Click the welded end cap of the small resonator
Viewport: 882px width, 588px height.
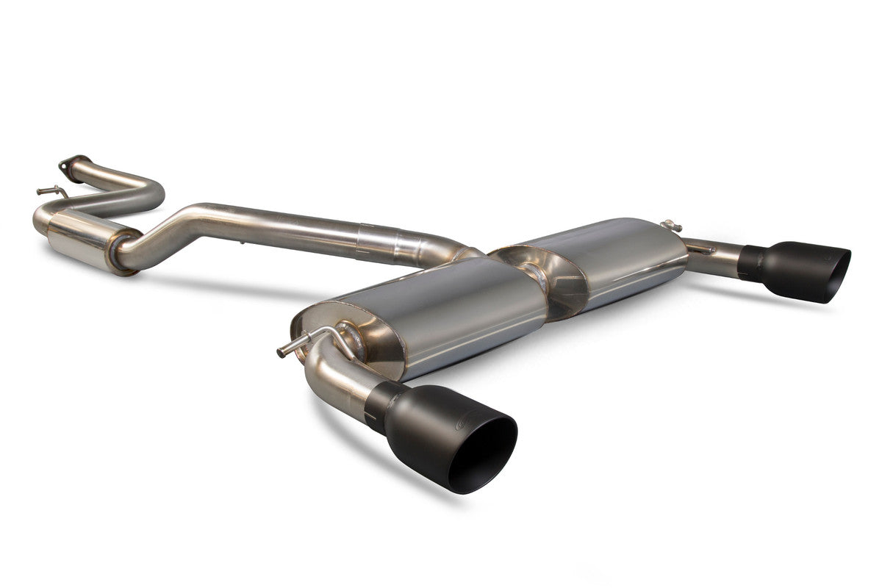click(121, 253)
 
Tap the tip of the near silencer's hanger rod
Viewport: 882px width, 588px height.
click(282, 353)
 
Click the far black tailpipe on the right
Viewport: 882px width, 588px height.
click(794, 268)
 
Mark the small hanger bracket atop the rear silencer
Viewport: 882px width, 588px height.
click(669, 226)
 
